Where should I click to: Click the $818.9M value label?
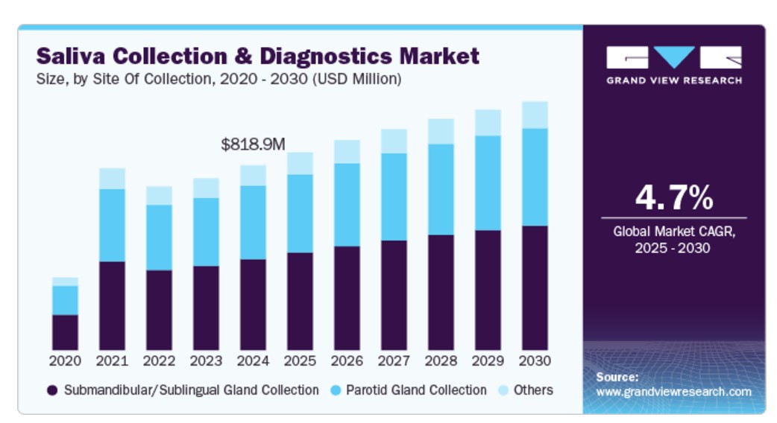pos(253,145)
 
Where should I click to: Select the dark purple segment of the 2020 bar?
pos(65,332)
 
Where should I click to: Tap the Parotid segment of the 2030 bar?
pos(535,176)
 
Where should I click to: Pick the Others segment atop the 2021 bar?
pos(112,179)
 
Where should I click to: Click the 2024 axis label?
pos(253,361)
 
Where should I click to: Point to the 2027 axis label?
pos(394,361)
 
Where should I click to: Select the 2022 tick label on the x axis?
pos(159,361)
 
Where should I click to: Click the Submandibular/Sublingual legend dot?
pos(52,390)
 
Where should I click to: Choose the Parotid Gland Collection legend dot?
pos(335,390)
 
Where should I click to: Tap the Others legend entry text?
pos(532,390)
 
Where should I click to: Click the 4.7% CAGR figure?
pos(674,198)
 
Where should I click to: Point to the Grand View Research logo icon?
pos(674,57)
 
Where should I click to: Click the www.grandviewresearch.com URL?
pos(674,392)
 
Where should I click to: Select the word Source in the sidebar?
pos(617,377)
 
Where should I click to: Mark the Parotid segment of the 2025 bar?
pos(300,213)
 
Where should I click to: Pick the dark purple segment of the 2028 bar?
pos(441,292)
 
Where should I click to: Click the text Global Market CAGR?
pos(674,232)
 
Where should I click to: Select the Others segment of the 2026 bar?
pos(347,151)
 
